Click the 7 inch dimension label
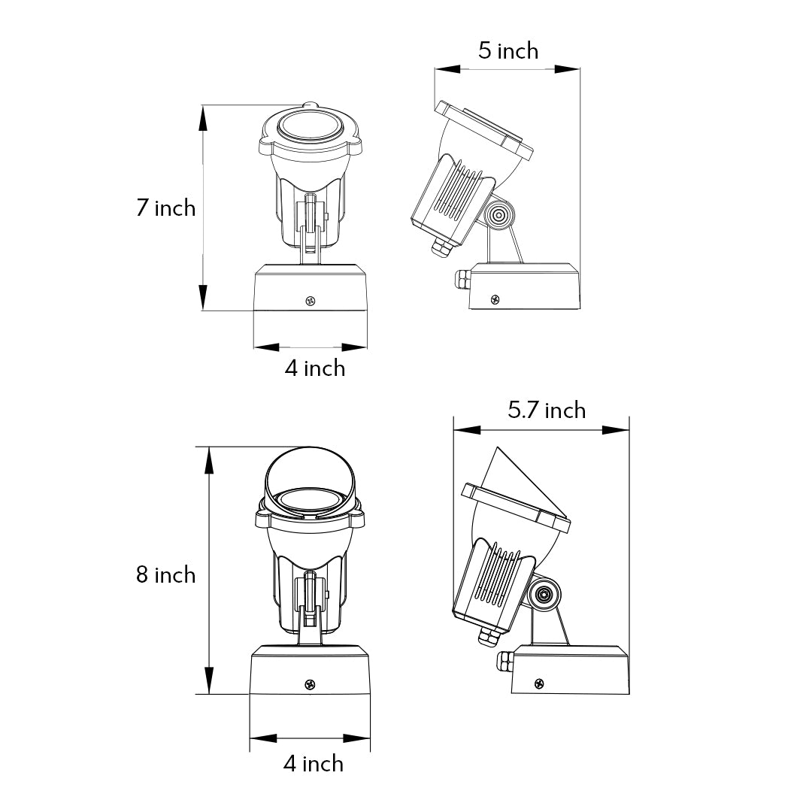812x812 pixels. (165, 208)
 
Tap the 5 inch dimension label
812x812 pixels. (508, 51)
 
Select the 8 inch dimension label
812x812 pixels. (165, 575)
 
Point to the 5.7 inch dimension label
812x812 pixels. (547, 411)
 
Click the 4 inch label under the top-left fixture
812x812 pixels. (315, 368)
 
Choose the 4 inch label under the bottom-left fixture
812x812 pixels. (314, 764)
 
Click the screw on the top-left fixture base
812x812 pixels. (311, 300)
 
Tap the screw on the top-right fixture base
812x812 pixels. (495, 299)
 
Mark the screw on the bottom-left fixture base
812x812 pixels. (311, 685)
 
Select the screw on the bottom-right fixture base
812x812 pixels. (539, 683)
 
